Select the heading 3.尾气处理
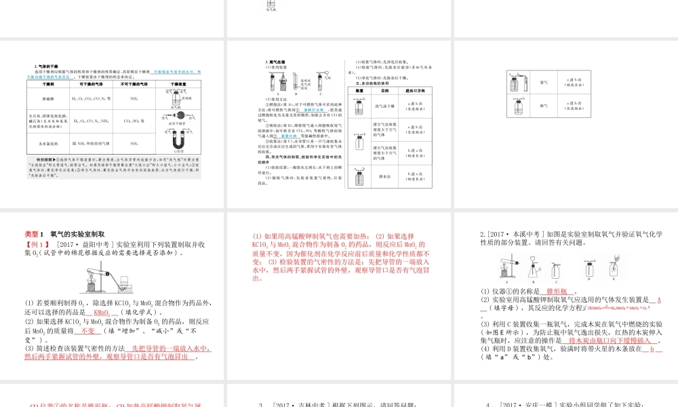[275, 62]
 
